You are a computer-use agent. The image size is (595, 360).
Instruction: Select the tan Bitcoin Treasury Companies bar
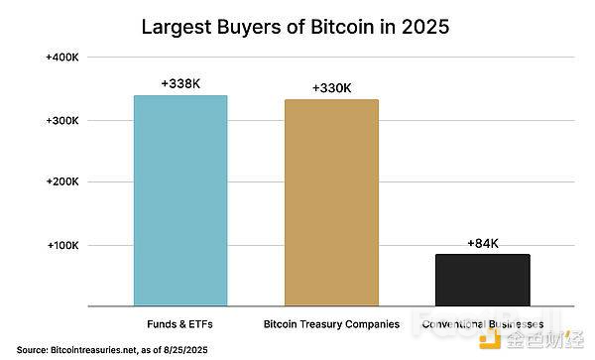pyautogui.click(x=331, y=202)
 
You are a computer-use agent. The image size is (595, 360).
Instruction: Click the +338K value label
pyautogui.click(x=180, y=83)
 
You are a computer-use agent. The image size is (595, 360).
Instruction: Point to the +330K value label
pyautogui.click(x=331, y=88)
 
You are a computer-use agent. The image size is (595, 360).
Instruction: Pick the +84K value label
pyautogui.click(x=482, y=243)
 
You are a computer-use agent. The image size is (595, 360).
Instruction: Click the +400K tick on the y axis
pyautogui.click(x=62, y=59)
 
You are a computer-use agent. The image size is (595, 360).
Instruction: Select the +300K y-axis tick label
pyautogui.click(x=62, y=121)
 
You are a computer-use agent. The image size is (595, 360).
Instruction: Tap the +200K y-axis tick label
pyautogui.click(x=62, y=182)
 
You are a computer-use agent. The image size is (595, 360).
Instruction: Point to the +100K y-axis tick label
pyautogui.click(x=62, y=245)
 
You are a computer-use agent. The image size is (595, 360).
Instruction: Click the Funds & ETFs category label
pyautogui.click(x=181, y=323)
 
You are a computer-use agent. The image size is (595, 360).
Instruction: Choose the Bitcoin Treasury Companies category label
pyautogui.click(x=332, y=323)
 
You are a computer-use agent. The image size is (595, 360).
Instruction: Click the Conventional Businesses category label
pyautogui.click(x=483, y=323)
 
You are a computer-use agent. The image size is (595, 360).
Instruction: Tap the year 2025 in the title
pyautogui.click(x=423, y=27)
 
